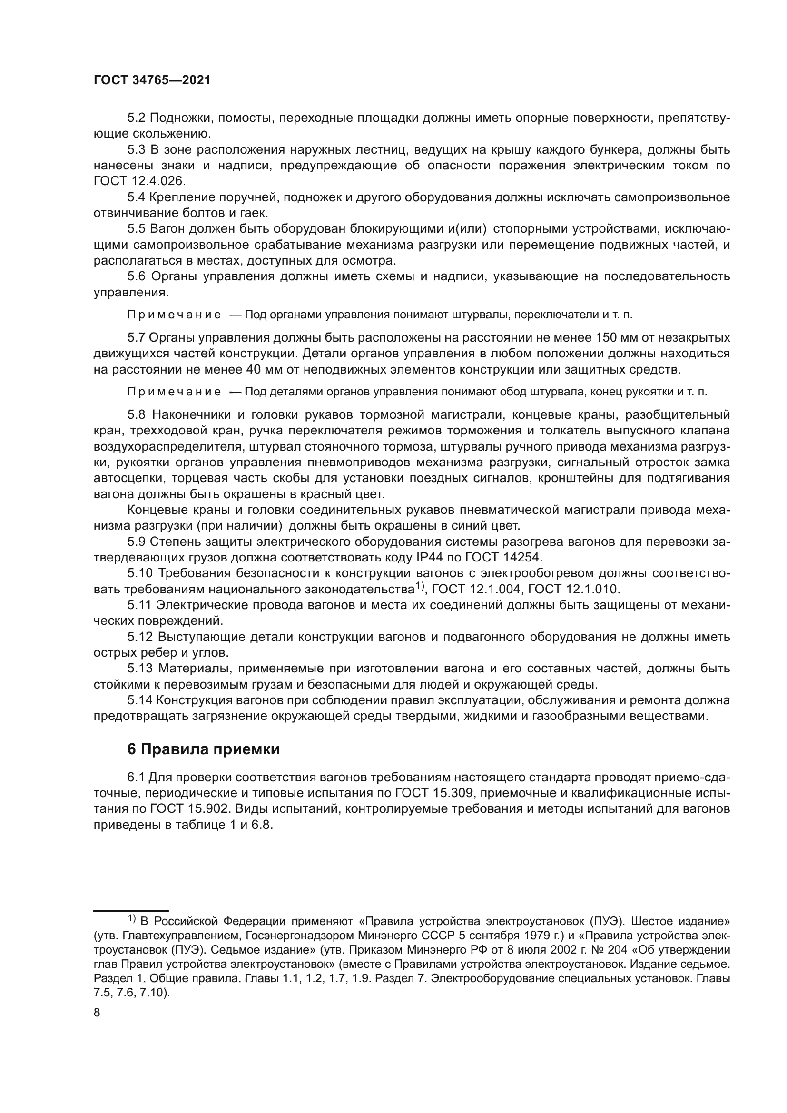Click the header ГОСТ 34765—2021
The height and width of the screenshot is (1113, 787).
[x=152, y=80]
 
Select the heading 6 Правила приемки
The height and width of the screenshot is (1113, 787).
[x=204, y=749]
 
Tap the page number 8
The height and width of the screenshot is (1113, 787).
[x=97, y=1013]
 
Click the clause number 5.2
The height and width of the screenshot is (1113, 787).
[x=137, y=118]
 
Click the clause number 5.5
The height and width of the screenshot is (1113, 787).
[x=137, y=229]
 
